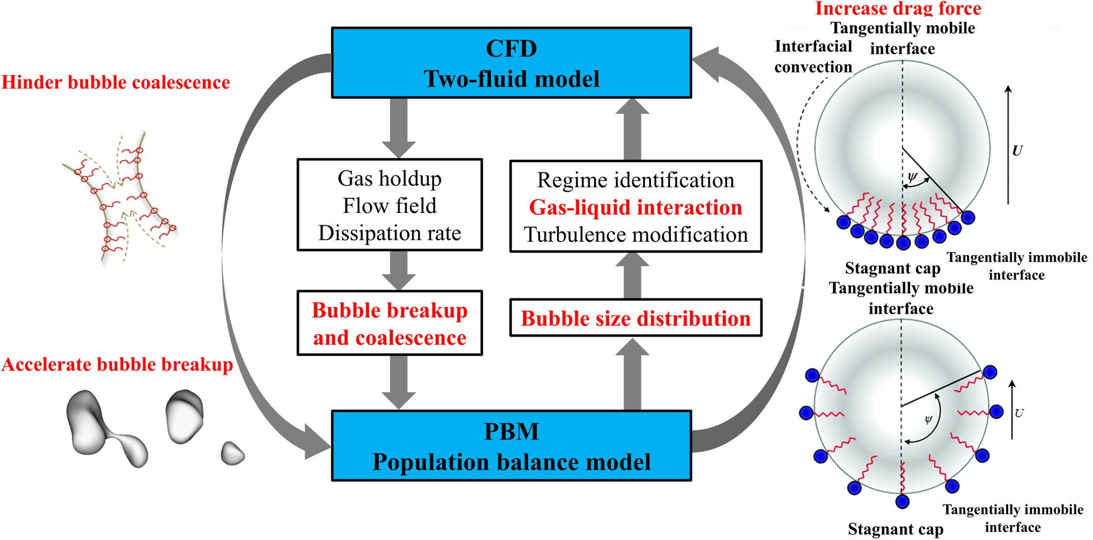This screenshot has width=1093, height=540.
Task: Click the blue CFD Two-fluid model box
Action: point(511,63)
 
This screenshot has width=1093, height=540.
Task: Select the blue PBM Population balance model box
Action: point(511,446)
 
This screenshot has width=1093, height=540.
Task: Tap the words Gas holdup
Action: point(389,179)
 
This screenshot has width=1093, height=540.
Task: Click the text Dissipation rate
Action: point(389,233)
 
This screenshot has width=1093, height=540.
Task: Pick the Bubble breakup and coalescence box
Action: point(389,323)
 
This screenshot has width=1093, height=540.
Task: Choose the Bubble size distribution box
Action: point(635,319)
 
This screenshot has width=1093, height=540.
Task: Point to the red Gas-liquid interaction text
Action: point(635,207)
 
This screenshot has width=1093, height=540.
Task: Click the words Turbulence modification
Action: point(635,235)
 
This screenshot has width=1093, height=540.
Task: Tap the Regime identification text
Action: point(635,180)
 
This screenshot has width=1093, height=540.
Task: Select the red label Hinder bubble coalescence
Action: point(116,82)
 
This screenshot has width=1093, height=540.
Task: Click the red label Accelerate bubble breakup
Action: point(117,364)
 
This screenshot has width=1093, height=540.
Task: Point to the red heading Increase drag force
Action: point(898,8)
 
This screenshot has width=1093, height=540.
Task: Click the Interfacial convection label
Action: point(813,56)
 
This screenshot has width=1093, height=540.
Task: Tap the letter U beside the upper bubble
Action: point(1016,151)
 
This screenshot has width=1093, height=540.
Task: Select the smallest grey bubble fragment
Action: point(232,453)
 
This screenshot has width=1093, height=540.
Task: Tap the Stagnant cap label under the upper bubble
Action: point(892,268)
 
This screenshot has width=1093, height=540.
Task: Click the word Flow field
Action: point(389,206)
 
